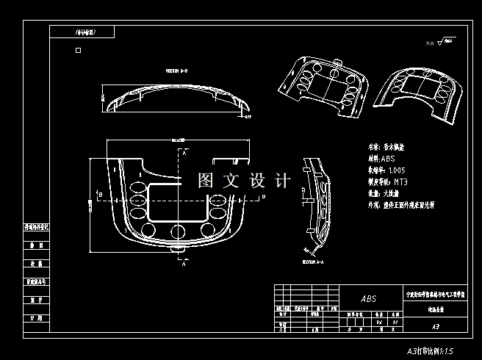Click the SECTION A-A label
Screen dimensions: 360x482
[313, 261]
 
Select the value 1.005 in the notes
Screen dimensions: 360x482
[404, 170]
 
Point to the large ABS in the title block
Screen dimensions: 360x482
[368, 299]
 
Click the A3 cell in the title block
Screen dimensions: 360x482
[435, 325]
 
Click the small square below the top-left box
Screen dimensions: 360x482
[78, 51]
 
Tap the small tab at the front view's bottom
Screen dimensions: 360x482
[177, 250]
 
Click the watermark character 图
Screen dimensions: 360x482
[206, 181]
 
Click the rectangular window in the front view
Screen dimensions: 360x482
[177, 203]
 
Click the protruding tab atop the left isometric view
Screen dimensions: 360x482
[337, 63]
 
